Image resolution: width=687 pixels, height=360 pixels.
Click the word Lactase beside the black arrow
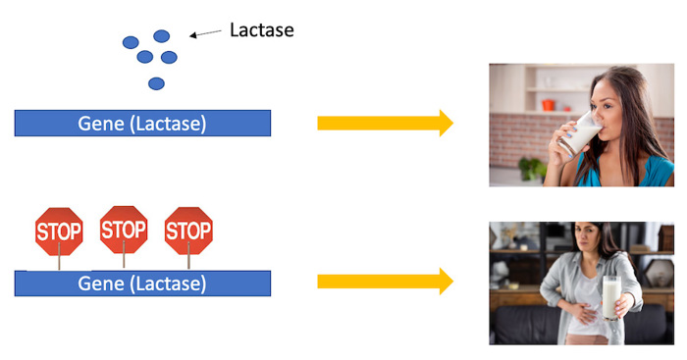pyautogui.click(x=261, y=29)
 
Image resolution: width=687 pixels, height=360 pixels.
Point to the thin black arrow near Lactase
pyautogui.click(x=205, y=33)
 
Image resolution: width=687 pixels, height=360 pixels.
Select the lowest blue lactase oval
pyautogui.click(x=156, y=83)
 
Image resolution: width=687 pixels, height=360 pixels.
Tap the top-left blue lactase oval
pyautogui.click(x=131, y=42)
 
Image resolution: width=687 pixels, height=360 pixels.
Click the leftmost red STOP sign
pyautogui.click(x=59, y=231)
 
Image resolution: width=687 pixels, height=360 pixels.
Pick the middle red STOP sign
pyautogui.click(x=124, y=230)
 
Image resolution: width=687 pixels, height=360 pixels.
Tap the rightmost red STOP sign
pyautogui.click(x=188, y=231)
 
